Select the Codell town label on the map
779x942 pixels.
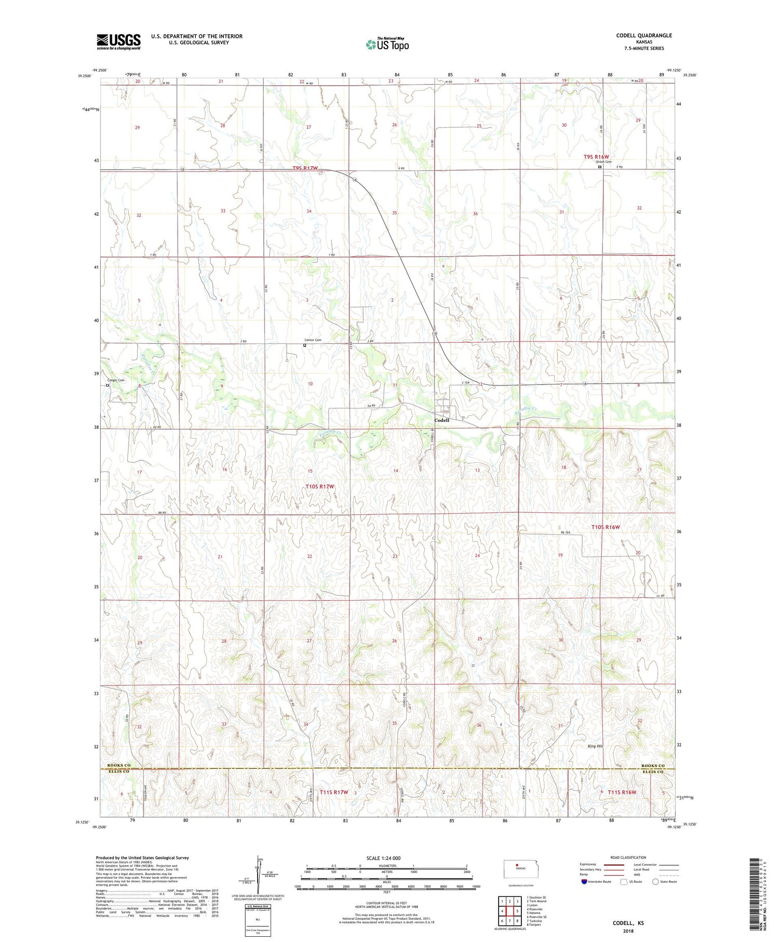(x=441, y=420)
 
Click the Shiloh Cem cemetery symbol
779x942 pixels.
(x=600, y=167)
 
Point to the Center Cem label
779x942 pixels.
(x=313, y=340)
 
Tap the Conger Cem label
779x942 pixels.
(x=116, y=380)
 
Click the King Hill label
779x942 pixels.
(x=595, y=746)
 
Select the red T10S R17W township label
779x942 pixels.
(x=319, y=486)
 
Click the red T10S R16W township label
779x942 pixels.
(x=606, y=527)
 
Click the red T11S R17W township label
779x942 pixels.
(x=333, y=792)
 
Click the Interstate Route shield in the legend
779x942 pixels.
(x=584, y=882)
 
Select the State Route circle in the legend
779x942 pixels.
(x=656, y=882)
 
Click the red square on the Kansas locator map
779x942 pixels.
(x=517, y=865)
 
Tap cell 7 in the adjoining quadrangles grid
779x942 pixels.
(x=510, y=921)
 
